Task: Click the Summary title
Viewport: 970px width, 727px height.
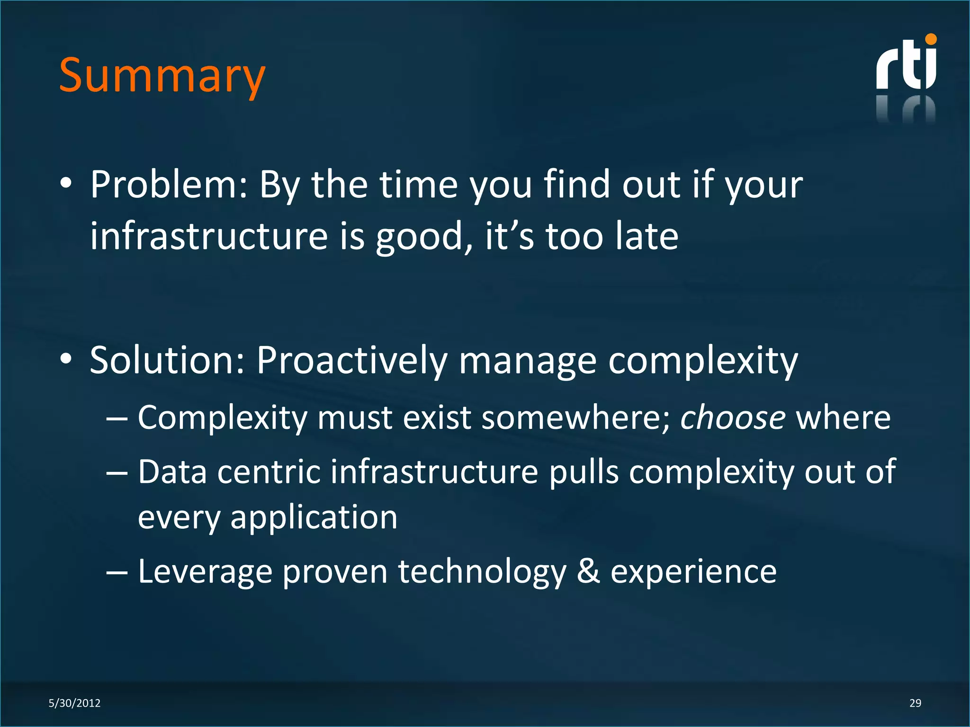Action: pyautogui.click(x=162, y=76)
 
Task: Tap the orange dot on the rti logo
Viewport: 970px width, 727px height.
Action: pyautogui.click(x=931, y=39)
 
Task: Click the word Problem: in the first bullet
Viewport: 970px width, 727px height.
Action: pyautogui.click(x=169, y=185)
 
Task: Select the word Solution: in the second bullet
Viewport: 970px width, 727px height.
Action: pyautogui.click(x=167, y=361)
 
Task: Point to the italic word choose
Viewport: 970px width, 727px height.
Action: pyautogui.click(x=733, y=418)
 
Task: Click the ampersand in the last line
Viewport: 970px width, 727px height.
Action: pyautogui.click(x=588, y=571)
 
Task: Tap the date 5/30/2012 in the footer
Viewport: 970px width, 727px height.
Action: pyautogui.click(x=74, y=703)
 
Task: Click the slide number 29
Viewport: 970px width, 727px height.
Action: pyautogui.click(x=915, y=703)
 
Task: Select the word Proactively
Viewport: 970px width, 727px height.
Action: pyautogui.click(x=352, y=361)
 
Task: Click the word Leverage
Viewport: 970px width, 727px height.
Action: pyautogui.click(x=205, y=571)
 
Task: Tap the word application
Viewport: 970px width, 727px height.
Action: pyautogui.click(x=314, y=518)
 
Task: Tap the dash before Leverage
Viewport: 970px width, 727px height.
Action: pyautogui.click(x=117, y=572)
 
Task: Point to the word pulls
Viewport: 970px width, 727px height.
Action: pyautogui.click(x=584, y=472)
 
